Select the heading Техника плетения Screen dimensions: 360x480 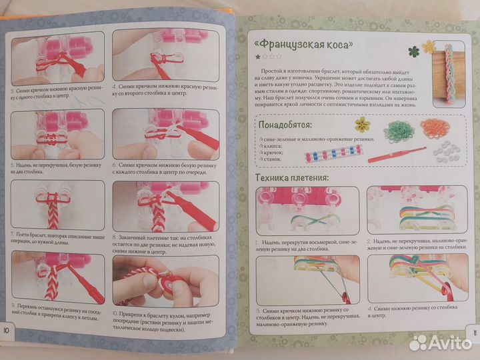point(293,178)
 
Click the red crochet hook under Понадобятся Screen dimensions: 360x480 point(397,156)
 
